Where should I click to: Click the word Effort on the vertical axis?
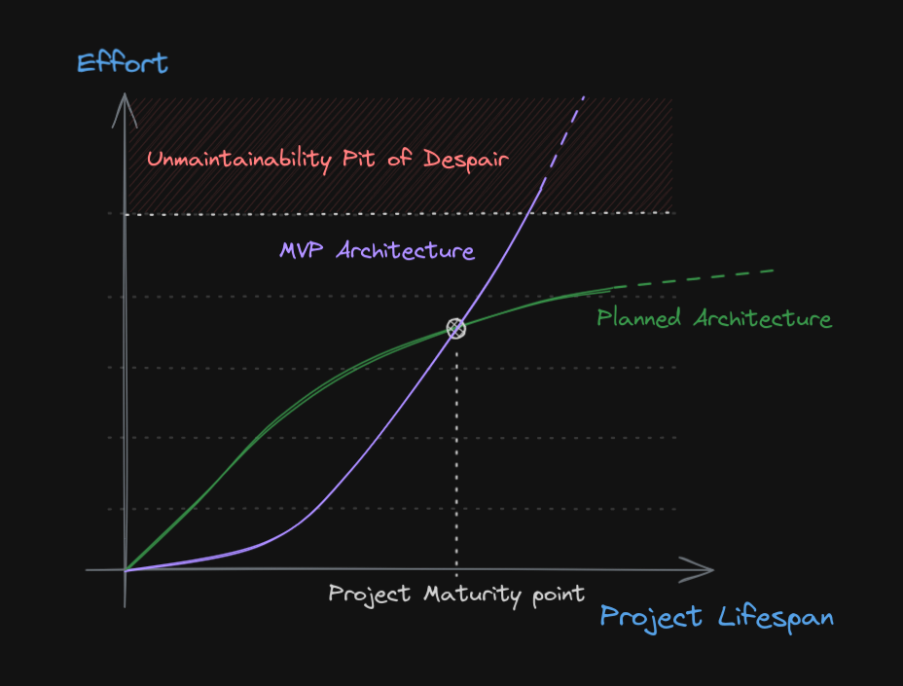pyautogui.click(x=122, y=63)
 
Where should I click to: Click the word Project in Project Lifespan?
pyautogui.click(x=651, y=618)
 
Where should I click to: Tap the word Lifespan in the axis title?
pyautogui.click(x=776, y=618)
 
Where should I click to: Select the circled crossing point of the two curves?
pyautogui.click(x=456, y=328)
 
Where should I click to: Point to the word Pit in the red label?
pyautogui.click(x=359, y=158)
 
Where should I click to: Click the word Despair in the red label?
pyautogui.click(x=466, y=160)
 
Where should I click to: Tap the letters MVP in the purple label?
pyautogui.click(x=301, y=250)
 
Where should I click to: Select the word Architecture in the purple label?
pyautogui.click(x=406, y=250)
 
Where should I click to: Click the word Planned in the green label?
pyautogui.click(x=638, y=317)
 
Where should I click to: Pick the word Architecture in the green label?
pyautogui.click(x=763, y=318)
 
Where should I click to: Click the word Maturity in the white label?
pyautogui.click(x=472, y=595)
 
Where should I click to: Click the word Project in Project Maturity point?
pyautogui.click(x=369, y=595)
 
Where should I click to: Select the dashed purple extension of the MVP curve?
pyautogui.click(x=562, y=142)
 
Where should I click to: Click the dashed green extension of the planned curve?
pyautogui.click(x=693, y=278)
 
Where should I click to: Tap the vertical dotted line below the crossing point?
pyautogui.click(x=456, y=458)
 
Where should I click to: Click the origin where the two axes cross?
pyautogui.click(x=125, y=570)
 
